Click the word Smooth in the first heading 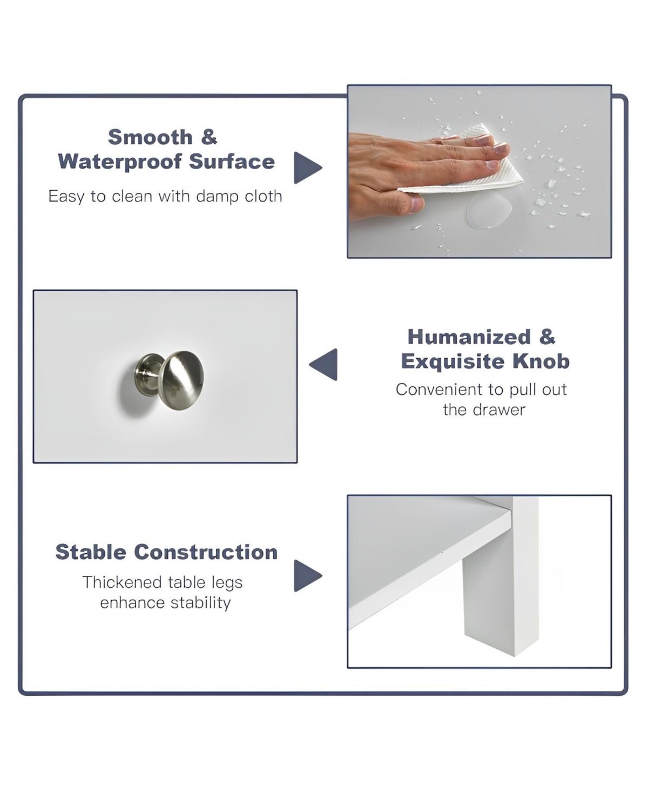click(x=150, y=137)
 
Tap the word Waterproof click(x=120, y=162)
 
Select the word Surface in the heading click(x=232, y=162)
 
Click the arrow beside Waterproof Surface click(x=307, y=167)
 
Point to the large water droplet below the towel click(x=488, y=210)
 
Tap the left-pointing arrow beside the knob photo click(x=323, y=364)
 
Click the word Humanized click(x=469, y=337)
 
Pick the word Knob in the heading click(x=541, y=361)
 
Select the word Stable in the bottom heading click(x=91, y=552)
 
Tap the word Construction click(x=206, y=553)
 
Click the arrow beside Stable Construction click(x=307, y=576)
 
